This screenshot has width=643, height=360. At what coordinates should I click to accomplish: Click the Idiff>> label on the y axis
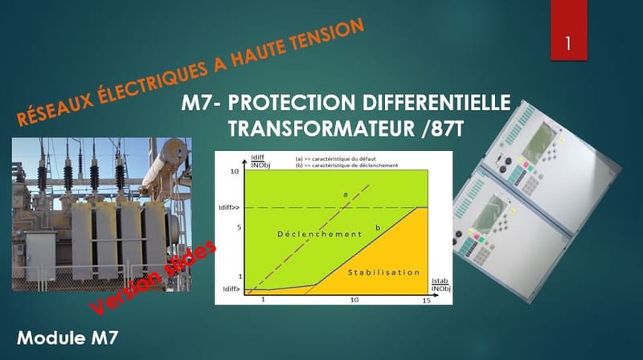click(x=231, y=208)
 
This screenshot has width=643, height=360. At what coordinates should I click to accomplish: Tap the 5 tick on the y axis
click(x=238, y=227)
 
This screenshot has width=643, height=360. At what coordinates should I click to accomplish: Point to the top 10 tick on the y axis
click(x=235, y=172)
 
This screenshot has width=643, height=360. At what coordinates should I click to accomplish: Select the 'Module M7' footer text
click(x=68, y=337)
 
